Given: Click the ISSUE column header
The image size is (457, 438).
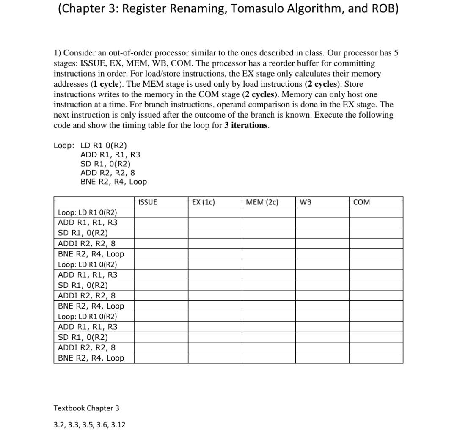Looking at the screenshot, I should point(148,202).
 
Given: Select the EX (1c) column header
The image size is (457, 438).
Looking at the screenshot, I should point(204,202).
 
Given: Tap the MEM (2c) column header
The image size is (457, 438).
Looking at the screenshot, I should point(262,202).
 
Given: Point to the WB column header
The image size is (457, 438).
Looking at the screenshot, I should point(306,202).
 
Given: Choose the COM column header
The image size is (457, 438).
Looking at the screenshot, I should point(361,202).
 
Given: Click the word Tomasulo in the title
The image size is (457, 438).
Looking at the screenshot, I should point(265,9).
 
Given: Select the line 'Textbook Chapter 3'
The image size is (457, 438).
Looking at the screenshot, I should point(86,408).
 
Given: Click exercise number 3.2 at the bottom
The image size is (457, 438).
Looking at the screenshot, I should point(59,424).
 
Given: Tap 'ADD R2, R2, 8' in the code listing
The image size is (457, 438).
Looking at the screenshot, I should point(108,173).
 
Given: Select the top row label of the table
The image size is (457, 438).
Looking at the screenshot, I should point(88,212).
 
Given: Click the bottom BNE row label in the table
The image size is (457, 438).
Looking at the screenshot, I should point(91,358).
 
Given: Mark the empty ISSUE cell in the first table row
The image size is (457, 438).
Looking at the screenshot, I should point(162,212).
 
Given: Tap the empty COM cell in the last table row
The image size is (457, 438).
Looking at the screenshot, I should point(376,358).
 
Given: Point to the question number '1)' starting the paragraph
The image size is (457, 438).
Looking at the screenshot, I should point(57,53).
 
